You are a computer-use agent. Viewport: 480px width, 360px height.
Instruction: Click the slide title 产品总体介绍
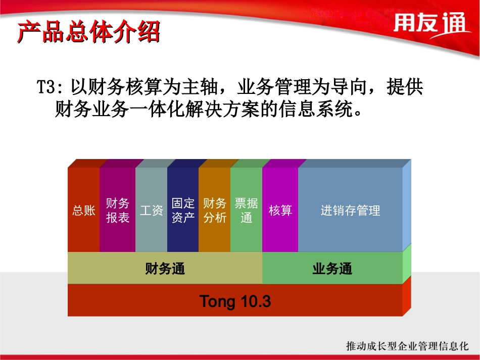coord(88,32)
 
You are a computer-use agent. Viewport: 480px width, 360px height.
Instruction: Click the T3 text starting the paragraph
coord(49,87)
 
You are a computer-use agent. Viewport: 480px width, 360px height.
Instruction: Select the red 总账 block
coord(84,210)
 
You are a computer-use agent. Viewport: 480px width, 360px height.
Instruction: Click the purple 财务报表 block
coord(117,210)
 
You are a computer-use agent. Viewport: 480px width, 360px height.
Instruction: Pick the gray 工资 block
coord(151,210)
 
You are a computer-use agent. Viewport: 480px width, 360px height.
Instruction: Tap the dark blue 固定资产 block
coord(183,210)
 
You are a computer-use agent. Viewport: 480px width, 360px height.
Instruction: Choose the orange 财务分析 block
coord(214,210)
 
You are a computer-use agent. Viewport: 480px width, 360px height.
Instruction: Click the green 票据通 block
coord(246,210)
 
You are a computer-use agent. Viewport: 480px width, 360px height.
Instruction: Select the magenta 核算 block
coord(280,210)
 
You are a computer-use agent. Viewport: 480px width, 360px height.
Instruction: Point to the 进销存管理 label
coord(350,210)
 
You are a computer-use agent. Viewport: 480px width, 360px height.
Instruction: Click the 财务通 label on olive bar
coord(165,268)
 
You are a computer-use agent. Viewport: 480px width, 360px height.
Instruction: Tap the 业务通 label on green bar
coord(332,268)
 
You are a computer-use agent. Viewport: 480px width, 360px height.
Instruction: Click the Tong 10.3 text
coord(235,301)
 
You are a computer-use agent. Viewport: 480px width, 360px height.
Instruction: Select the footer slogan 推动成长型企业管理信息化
coord(407,346)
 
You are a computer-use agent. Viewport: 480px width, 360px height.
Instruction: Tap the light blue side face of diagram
coord(407,204)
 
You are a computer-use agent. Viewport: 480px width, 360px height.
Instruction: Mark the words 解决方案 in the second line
coord(222,108)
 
